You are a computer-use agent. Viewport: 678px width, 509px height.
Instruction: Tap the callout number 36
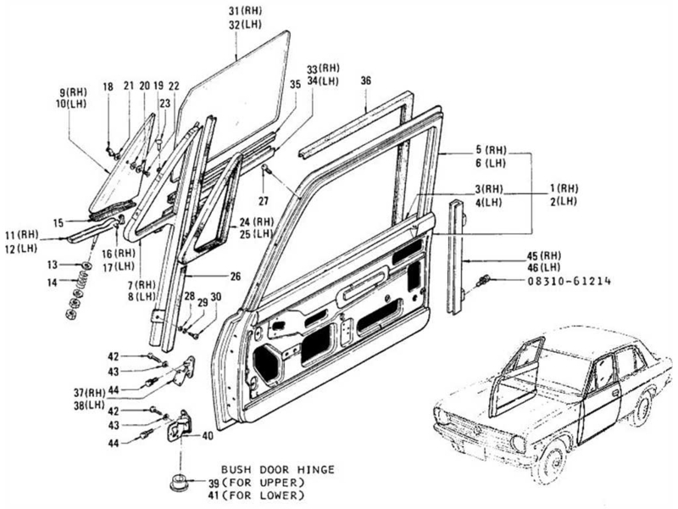tap(365, 81)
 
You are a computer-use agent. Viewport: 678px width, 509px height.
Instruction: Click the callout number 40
tap(208, 436)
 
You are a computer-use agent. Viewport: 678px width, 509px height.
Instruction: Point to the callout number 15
tap(58, 223)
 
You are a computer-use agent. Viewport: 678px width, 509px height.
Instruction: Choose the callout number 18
tap(108, 87)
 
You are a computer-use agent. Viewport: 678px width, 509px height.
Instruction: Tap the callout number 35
tap(295, 85)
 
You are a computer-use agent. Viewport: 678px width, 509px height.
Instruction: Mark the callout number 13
tap(52, 265)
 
